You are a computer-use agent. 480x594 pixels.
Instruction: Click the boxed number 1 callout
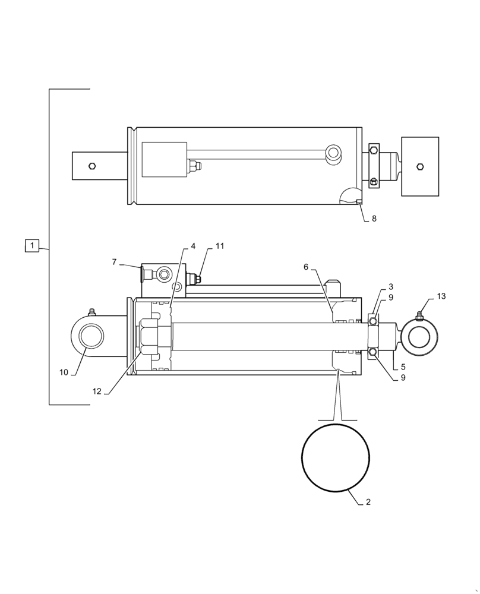pyautogui.click(x=32, y=245)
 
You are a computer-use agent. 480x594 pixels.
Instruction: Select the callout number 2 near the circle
pyautogui.click(x=368, y=502)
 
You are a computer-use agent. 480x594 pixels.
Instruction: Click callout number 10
pyautogui.click(x=64, y=372)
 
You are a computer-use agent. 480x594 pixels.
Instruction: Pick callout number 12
pyautogui.click(x=97, y=391)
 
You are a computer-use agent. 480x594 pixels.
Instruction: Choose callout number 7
pyautogui.click(x=115, y=261)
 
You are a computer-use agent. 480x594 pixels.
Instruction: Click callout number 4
pyautogui.click(x=193, y=246)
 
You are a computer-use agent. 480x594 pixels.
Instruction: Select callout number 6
pyautogui.click(x=306, y=267)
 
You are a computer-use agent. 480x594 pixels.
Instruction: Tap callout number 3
pyautogui.click(x=390, y=286)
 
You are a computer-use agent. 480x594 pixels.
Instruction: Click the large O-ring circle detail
pyautogui.click(x=336, y=457)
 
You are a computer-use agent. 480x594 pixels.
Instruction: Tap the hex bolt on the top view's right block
pyautogui.click(x=421, y=166)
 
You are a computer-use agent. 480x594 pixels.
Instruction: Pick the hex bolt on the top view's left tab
pyautogui.click(x=91, y=166)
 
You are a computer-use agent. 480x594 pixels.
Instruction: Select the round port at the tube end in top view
pyautogui.click(x=333, y=153)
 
